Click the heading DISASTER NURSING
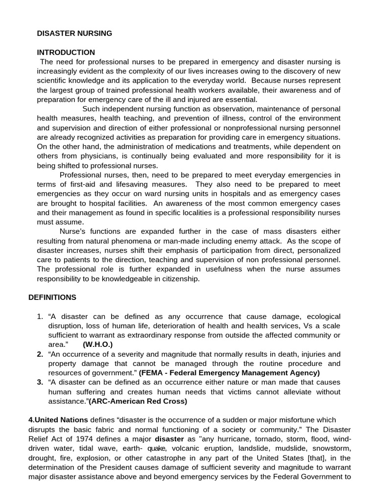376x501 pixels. (74, 33)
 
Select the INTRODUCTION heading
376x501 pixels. (66, 52)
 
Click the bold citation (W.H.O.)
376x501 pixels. (101, 344)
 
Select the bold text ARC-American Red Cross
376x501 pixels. (138, 401)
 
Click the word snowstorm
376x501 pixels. (321, 448)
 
